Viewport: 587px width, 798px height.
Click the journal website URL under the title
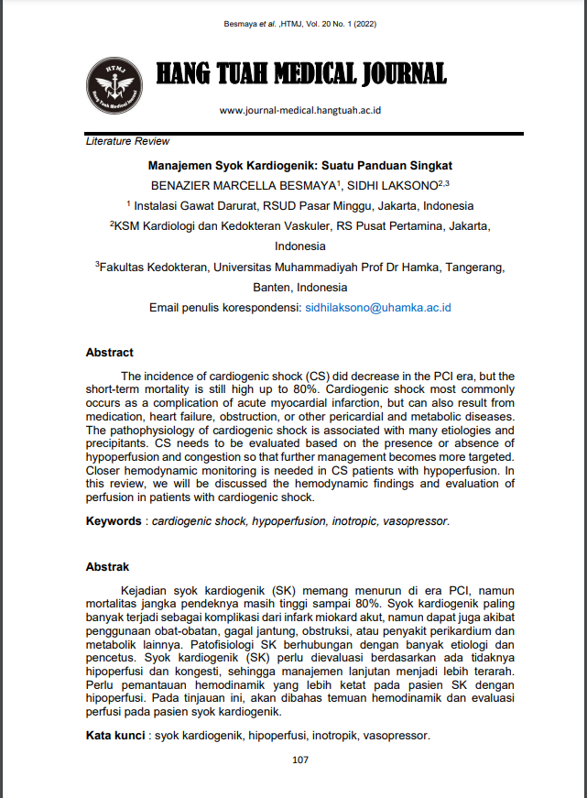pos(300,110)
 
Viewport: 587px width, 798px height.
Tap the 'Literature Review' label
pos(127,142)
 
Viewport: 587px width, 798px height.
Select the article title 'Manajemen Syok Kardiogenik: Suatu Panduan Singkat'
pos(300,166)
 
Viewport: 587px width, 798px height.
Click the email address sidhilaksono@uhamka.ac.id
pos(378,309)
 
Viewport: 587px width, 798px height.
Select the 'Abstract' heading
pos(109,353)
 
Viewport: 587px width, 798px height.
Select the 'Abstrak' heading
pos(107,567)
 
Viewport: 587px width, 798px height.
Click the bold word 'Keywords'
pos(113,521)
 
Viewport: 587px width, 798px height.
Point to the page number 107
pos(300,760)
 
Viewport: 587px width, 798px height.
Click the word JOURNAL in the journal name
pos(399,74)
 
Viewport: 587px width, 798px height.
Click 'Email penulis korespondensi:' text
pos(224,309)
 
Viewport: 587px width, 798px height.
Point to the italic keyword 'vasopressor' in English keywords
pos(416,521)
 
